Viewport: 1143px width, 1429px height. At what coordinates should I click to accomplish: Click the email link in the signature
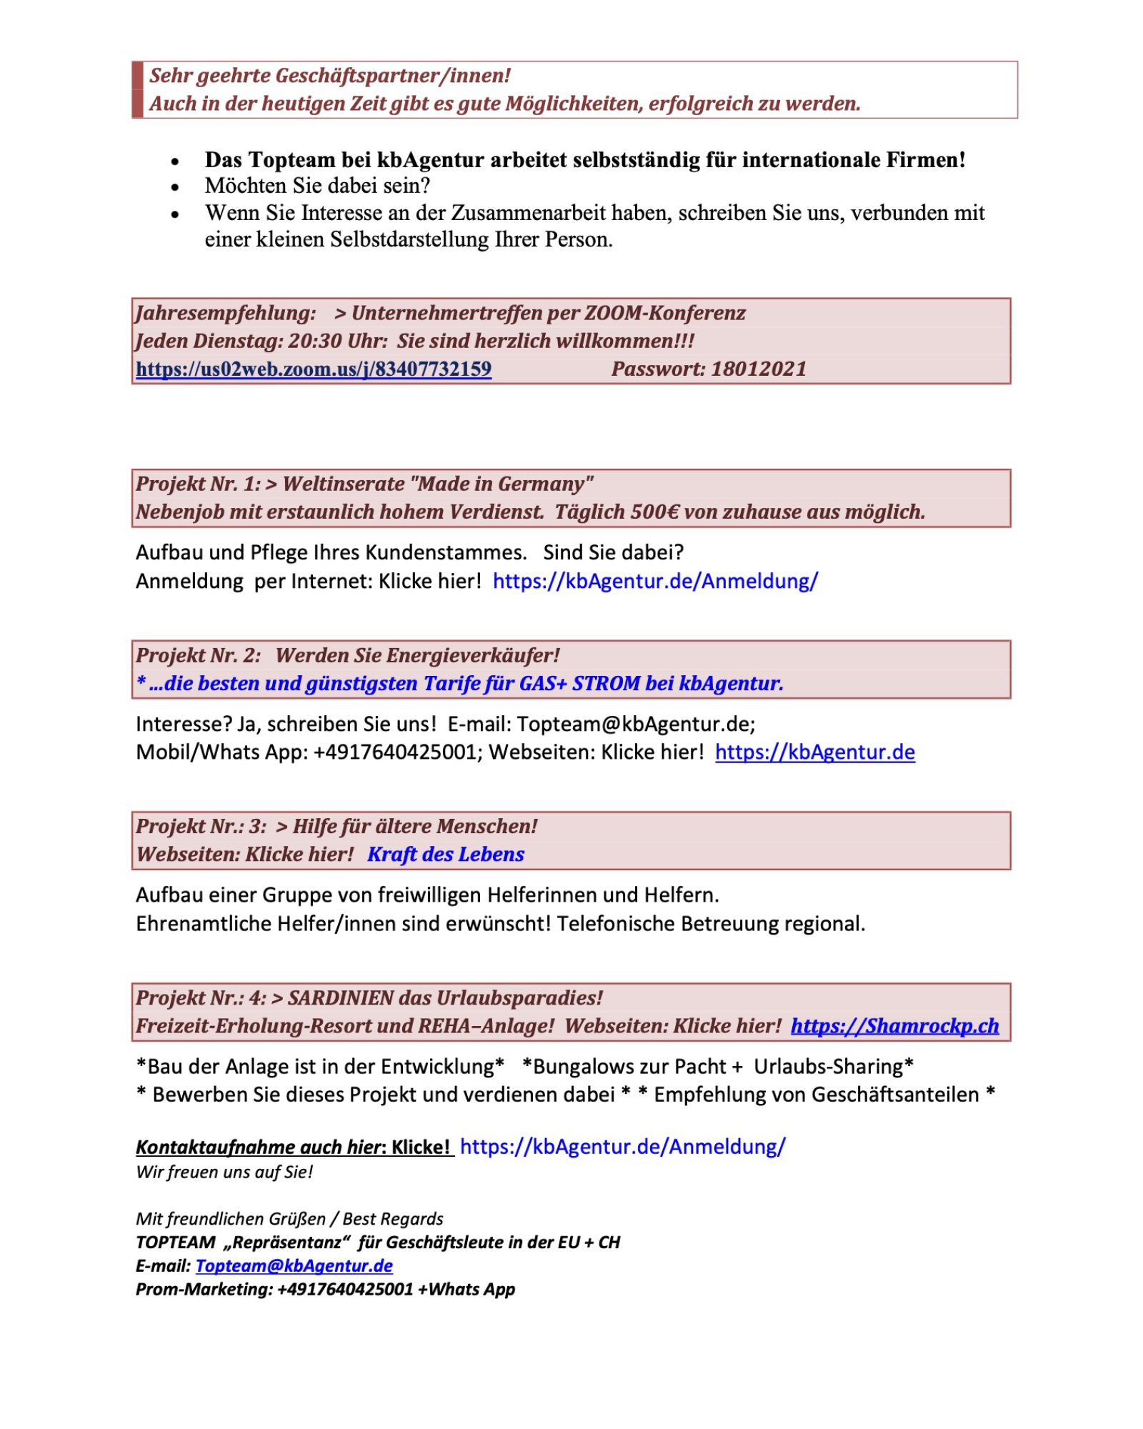coord(294,1265)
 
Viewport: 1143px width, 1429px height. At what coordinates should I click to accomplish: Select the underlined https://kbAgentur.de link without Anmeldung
coord(814,752)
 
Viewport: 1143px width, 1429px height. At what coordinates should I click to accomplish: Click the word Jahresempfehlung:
coord(226,313)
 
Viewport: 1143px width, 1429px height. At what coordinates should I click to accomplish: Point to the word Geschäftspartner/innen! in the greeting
coord(393,76)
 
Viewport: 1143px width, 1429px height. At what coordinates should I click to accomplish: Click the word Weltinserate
coord(344,484)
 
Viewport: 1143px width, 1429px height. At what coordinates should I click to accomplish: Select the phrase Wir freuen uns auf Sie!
coord(224,1172)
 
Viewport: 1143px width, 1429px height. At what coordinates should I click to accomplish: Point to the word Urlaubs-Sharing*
coord(833,1066)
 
